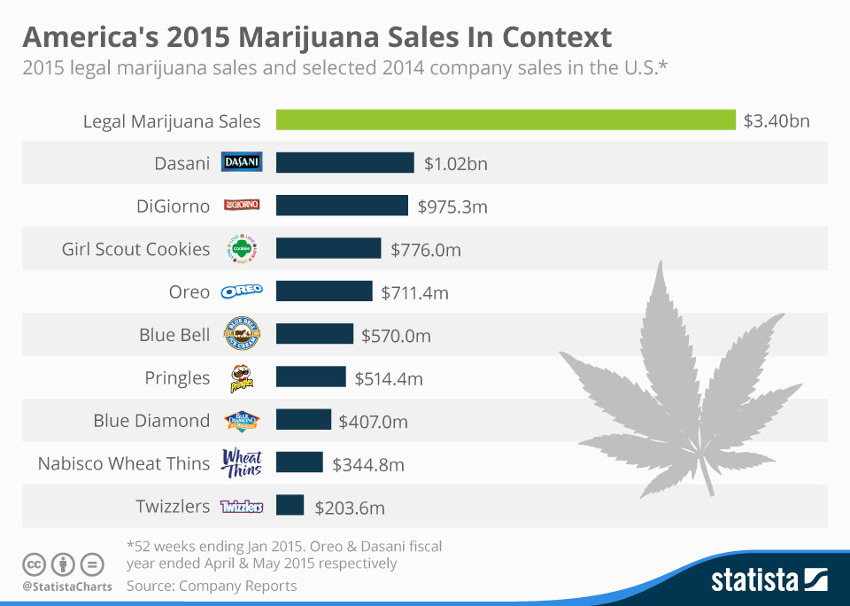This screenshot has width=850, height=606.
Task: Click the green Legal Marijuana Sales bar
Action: click(506, 120)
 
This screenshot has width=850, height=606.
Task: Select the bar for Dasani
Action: click(344, 163)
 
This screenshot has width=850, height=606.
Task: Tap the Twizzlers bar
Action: click(290, 506)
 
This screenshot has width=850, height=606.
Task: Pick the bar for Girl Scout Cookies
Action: click(328, 249)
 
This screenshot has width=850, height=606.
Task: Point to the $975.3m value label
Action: click(452, 207)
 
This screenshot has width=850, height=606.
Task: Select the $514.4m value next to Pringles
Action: click(389, 379)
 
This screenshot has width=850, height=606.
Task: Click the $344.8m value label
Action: click(367, 464)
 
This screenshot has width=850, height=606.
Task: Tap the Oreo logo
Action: click(241, 291)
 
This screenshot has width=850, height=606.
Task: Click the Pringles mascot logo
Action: click(241, 378)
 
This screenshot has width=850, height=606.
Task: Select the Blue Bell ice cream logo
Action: click(241, 335)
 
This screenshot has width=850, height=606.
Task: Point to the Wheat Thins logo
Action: click(241, 462)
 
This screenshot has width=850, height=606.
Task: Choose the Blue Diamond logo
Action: click(241, 420)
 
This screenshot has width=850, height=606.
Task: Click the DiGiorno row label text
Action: click(174, 206)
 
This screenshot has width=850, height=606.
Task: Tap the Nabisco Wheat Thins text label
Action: click(123, 463)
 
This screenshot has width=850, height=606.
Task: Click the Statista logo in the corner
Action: click(769, 580)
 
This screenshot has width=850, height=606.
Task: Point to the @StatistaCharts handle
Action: click(67, 587)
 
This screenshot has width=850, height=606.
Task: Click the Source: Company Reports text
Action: click(212, 586)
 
